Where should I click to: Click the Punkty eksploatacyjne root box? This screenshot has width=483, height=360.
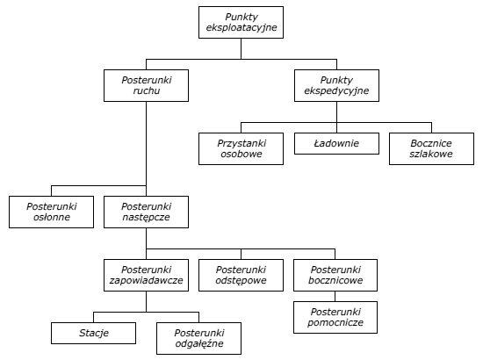coord(241,23)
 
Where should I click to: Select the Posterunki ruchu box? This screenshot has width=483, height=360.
coord(146,86)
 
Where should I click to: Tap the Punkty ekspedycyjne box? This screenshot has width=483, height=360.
coord(336,86)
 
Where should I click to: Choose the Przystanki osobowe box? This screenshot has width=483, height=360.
coord(241,148)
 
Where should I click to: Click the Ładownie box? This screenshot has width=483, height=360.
coord(336,143)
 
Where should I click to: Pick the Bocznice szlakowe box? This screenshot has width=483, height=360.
coord(431,148)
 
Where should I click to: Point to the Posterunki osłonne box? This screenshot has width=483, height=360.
coord(52,212)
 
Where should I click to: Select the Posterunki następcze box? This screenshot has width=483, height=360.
coord(146,212)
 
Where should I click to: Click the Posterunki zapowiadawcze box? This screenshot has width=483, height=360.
coord(146,275)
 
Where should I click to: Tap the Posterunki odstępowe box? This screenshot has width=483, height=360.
coord(241,275)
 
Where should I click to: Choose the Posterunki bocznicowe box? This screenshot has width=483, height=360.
coord(335,275)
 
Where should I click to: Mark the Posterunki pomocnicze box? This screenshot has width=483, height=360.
coord(335,317)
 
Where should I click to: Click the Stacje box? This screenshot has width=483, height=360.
coord(94,333)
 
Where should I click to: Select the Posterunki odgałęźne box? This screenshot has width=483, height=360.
coord(199,338)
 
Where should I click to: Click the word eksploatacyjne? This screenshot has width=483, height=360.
coord(241,28)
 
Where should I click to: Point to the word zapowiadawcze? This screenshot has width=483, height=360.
coord(146,281)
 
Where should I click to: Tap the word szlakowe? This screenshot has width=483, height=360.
coord(431,154)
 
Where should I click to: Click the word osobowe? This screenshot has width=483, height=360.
coord(241,154)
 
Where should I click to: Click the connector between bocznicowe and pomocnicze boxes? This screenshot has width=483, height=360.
coord(335,296)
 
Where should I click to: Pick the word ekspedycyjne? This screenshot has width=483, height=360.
coord(336,90)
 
